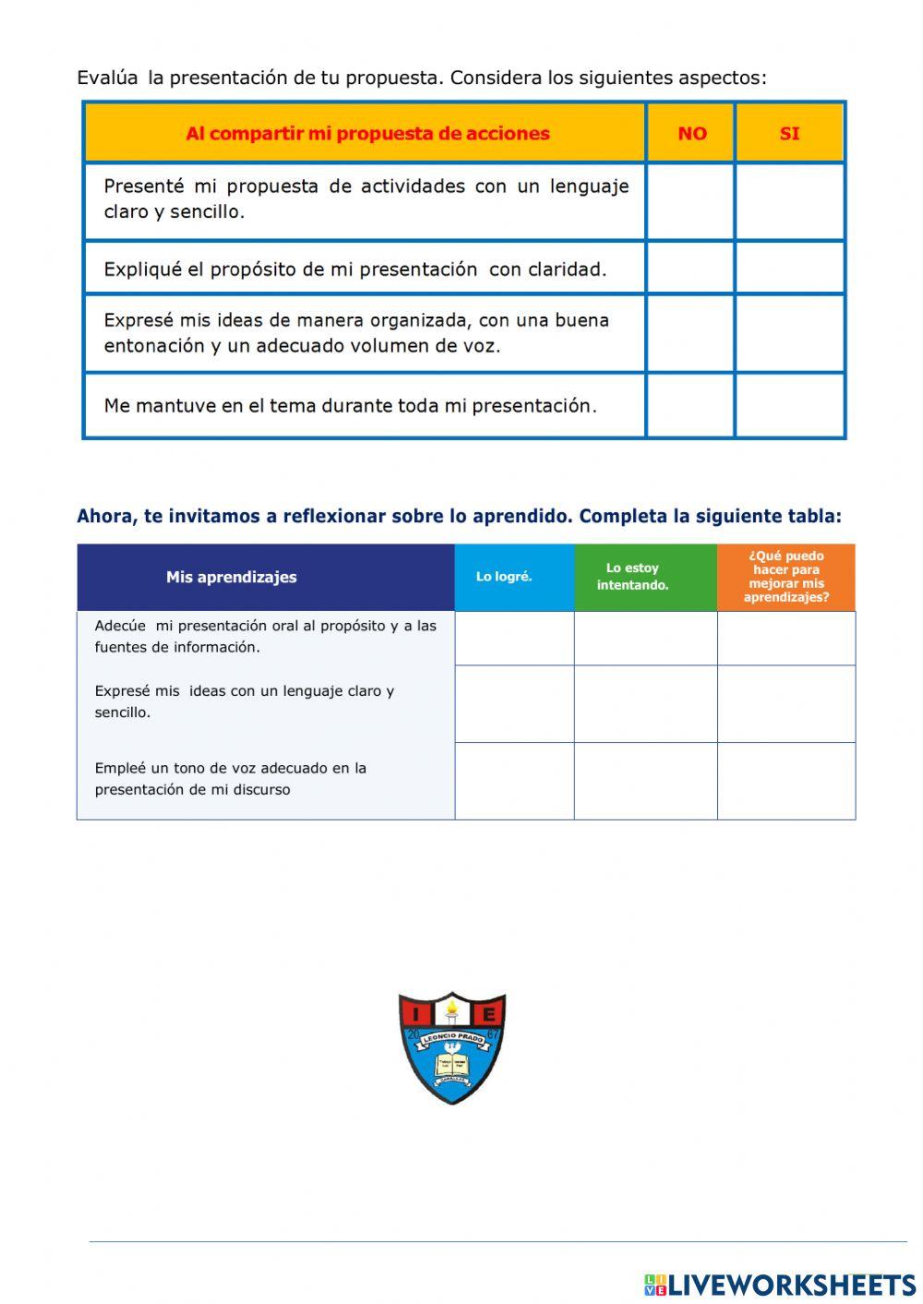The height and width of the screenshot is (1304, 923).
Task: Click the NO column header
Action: (691, 133)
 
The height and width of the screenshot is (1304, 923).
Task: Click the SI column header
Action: (789, 133)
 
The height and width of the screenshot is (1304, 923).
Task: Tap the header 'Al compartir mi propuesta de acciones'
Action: (367, 133)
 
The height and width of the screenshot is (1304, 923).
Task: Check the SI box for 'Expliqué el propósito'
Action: (790, 269)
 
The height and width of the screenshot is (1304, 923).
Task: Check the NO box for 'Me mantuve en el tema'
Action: (690, 405)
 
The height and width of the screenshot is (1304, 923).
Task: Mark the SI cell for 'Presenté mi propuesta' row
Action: (790, 201)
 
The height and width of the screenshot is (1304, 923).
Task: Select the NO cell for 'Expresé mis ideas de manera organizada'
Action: (690, 333)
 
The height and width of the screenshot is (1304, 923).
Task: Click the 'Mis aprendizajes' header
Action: (232, 577)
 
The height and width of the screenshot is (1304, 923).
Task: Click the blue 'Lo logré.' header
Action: (504, 577)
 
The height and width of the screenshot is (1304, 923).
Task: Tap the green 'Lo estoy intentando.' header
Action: (633, 577)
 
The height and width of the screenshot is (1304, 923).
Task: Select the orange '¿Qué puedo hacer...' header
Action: (786, 577)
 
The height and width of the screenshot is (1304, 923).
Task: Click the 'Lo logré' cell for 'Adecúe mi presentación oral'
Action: (514, 638)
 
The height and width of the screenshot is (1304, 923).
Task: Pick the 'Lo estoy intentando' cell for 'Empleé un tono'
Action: (645, 781)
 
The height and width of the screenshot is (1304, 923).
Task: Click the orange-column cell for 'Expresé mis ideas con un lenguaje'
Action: (786, 704)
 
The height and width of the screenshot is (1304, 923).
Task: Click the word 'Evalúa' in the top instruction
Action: (106, 78)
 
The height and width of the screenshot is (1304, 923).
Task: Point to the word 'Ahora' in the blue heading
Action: (105, 516)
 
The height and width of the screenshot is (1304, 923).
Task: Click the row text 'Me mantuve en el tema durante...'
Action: (351, 405)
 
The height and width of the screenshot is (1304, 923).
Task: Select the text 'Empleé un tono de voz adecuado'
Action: (231, 768)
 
